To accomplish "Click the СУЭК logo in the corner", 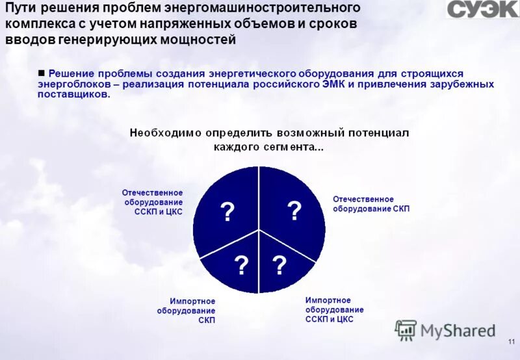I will point(482,9).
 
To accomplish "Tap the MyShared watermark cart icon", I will point(406,330).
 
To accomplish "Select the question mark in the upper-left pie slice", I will point(227,212).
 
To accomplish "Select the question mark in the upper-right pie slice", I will point(294,211).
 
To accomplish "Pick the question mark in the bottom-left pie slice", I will point(240,265).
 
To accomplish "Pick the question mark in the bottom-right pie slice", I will point(279,265).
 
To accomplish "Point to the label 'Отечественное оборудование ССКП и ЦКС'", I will point(152,202).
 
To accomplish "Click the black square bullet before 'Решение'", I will point(42,73).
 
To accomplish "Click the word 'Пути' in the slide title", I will point(24,8).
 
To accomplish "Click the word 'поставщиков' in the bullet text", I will point(73,94).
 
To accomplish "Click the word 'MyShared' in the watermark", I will point(458,330).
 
